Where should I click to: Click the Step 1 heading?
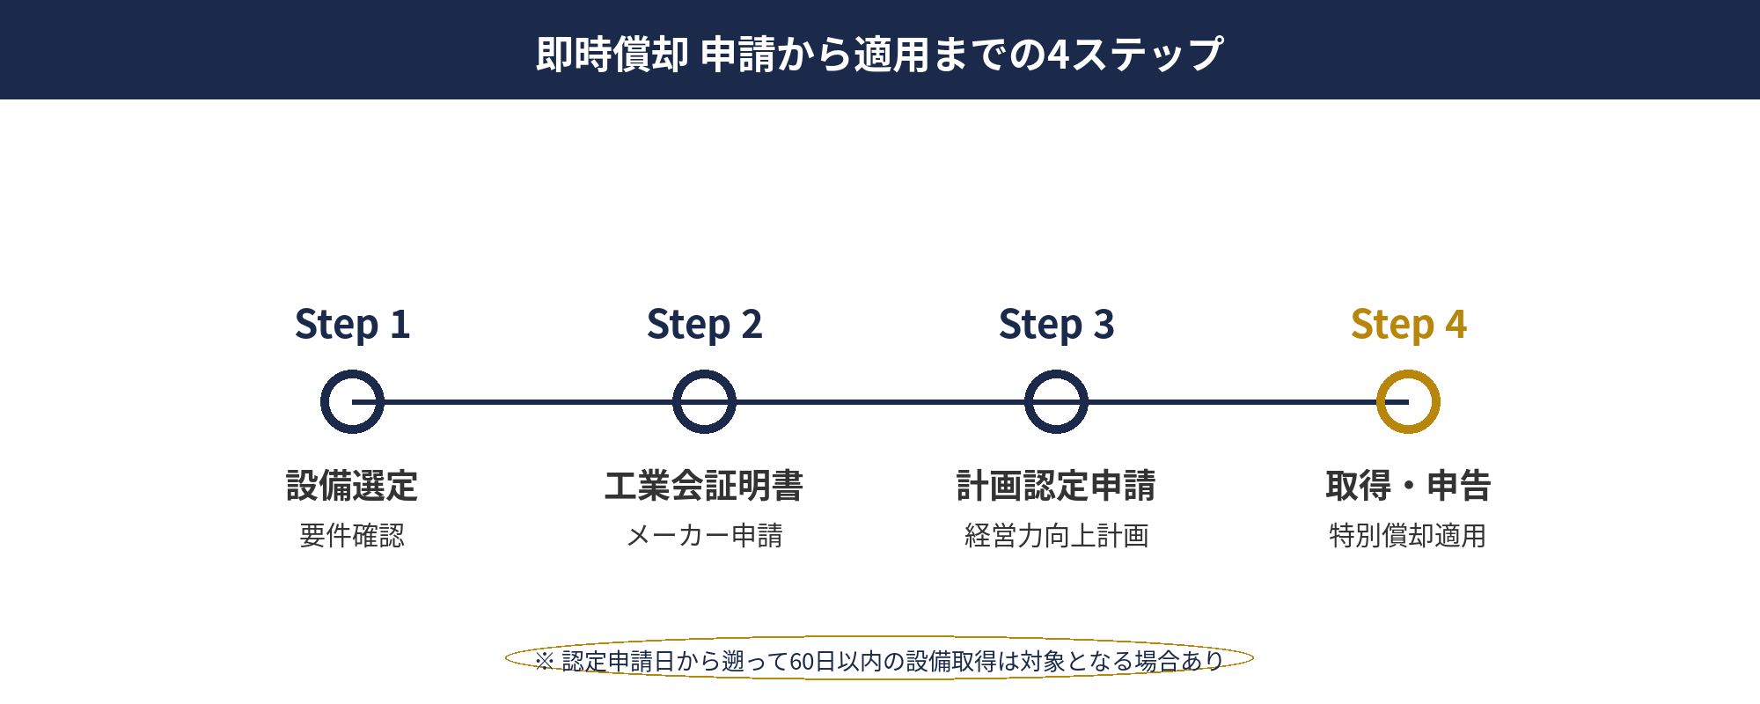coord(352,324)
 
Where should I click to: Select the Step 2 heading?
coord(704,324)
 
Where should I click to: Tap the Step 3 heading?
coord(1056,324)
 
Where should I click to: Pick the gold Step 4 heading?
coord(1408,324)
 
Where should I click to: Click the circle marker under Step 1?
coord(352,402)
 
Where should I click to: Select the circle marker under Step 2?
coord(704,402)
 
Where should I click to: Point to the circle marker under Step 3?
coord(1056,402)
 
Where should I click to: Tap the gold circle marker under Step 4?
coord(1408,402)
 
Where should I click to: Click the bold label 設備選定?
coord(352,486)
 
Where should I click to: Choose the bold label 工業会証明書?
coord(704,486)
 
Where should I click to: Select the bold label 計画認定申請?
coord(1056,486)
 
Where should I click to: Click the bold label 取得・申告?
coord(1408,486)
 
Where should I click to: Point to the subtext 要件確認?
coord(352,535)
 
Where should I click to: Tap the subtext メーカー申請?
coord(704,535)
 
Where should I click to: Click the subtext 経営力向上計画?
coord(1056,535)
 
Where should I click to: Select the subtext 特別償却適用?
coord(1408,535)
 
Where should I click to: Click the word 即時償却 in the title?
coord(612,54)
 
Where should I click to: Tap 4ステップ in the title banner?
coord(1135,54)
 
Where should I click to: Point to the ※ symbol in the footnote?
coord(544,661)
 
